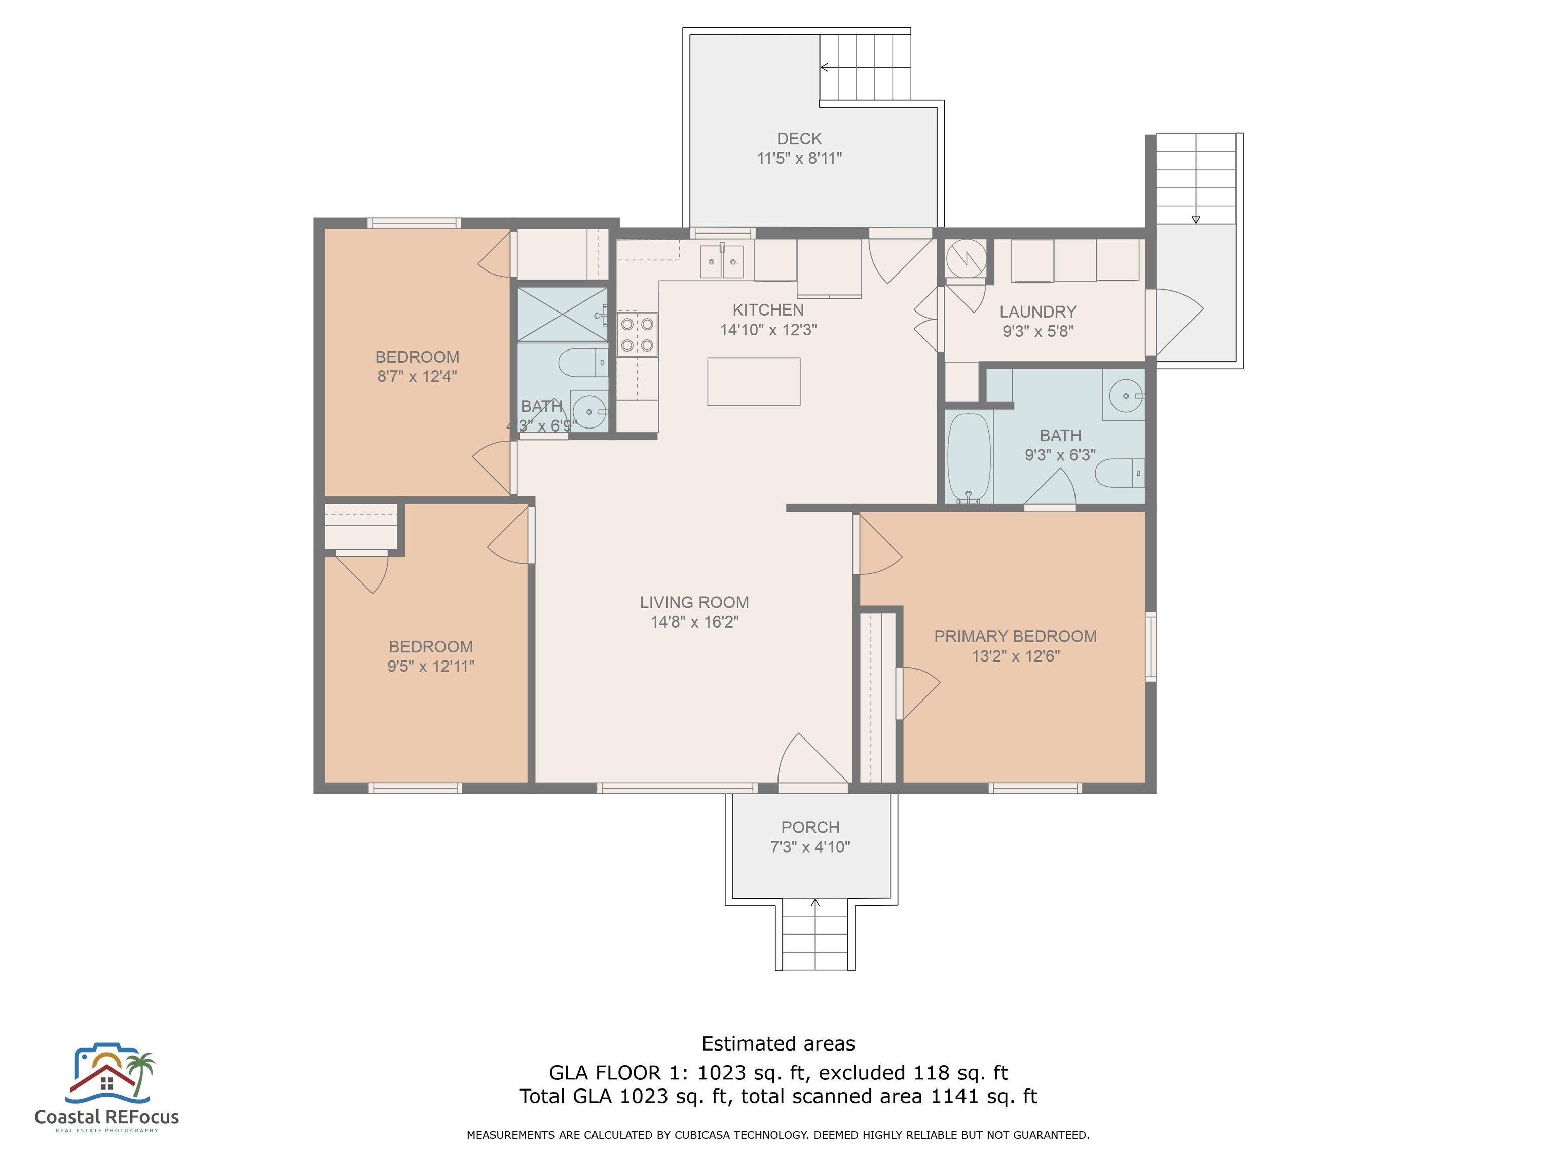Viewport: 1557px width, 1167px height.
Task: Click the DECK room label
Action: [799, 139]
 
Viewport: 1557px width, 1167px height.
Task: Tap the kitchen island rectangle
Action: [753, 381]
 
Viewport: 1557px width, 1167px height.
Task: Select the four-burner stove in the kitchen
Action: [637, 335]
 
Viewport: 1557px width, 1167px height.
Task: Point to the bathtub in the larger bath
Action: [969, 458]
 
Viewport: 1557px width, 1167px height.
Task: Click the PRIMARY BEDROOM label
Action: [1015, 636]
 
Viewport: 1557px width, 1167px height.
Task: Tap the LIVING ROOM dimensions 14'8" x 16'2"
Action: [695, 622]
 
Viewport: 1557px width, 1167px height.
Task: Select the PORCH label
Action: [810, 827]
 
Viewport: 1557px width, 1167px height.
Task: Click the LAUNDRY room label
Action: [1037, 312]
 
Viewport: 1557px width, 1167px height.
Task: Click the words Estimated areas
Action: [778, 1043]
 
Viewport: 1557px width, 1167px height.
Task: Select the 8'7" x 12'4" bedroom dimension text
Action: [418, 376]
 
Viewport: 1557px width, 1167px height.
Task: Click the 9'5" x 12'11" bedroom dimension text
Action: [431, 666]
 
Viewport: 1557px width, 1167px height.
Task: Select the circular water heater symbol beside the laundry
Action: [965, 258]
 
